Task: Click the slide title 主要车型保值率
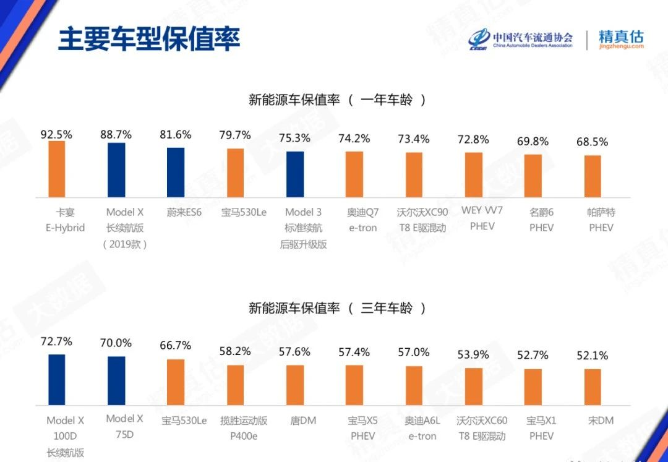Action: click(x=148, y=38)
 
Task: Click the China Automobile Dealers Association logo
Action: click(x=520, y=39)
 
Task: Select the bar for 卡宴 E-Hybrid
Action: click(x=57, y=169)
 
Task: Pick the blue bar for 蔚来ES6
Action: click(x=176, y=172)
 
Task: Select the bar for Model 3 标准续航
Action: click(x=295, y=174)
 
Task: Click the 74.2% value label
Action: click(x=354, y=139)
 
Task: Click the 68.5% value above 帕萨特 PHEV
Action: click(x=593, y=142)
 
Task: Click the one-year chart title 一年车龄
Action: click(x=338, y=100)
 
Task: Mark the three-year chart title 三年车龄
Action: click(x=338, y=307)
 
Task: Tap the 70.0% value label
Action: click(x=116, y=343)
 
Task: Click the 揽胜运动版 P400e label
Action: click(x=244, y=428)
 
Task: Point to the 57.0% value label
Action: click(x=414, y=352)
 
